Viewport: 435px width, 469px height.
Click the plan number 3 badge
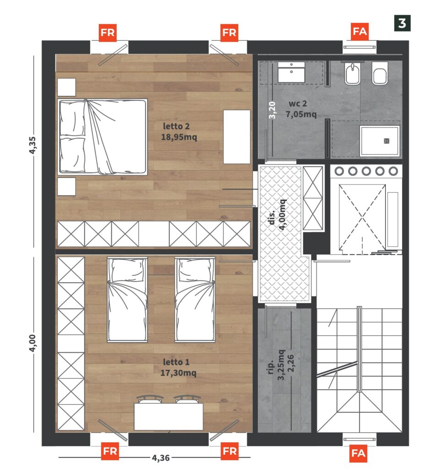pos(402,23)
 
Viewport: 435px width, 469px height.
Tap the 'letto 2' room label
pos(176,126)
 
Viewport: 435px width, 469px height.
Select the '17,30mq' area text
pos(178,373)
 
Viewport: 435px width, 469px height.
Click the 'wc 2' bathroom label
pos(298,104)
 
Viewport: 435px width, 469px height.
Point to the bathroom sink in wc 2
pos(291,72)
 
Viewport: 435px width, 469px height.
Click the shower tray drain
pos(386,141)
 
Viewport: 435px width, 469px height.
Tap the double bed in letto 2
pos(102,136)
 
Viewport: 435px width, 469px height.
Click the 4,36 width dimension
pos(161,458)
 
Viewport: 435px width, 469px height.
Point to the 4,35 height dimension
pos(33,145)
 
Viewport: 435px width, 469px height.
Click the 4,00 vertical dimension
pos(33,343)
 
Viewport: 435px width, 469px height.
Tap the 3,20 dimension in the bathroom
pos(272,110)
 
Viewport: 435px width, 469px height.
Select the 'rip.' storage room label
pos(270,366)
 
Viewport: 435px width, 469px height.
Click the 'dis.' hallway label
pos(272,218)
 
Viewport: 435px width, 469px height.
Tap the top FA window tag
pos(359,32)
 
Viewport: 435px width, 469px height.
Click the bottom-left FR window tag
pos(110,451)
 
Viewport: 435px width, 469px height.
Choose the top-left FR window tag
pos(108,33)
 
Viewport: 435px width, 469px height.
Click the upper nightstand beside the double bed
pos(66,87)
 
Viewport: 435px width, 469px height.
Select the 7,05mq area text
pos(301,114)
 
